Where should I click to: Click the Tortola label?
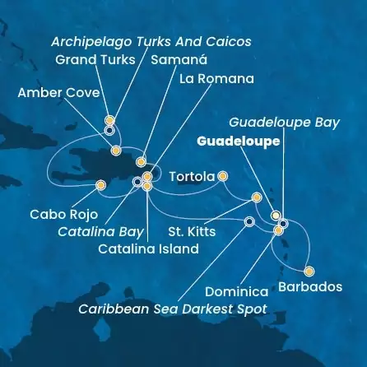pos(192,176)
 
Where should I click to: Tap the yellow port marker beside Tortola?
pos(222,176)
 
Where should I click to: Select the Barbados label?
pos(310,286)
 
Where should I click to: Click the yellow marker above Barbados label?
pos(309,271)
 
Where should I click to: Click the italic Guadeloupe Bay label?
pos(290,122)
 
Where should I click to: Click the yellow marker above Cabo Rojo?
pos(100,185)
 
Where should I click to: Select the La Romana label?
pos(216,79)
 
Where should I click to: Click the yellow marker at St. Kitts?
pos(256,197)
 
